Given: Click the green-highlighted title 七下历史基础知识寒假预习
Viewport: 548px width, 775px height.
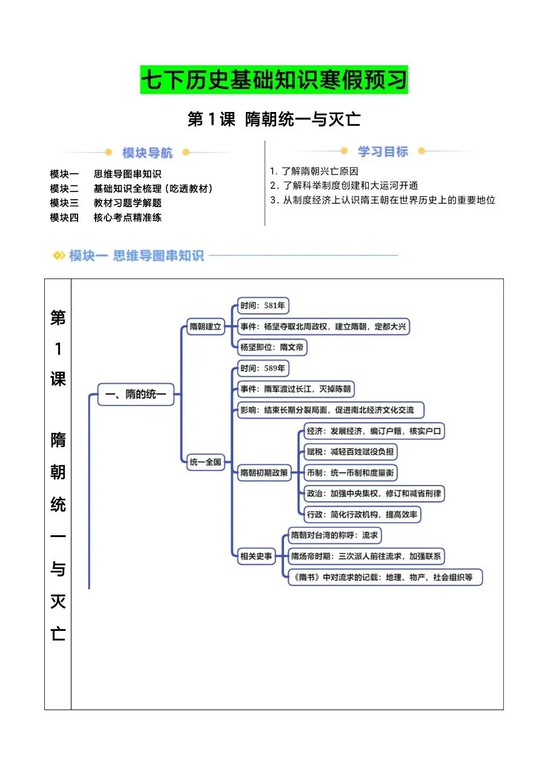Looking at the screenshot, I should click(274, 80).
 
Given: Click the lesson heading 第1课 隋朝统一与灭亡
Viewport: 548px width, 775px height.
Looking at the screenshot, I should click(274, 119).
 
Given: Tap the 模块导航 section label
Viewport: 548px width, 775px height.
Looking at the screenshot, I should click(147, 152).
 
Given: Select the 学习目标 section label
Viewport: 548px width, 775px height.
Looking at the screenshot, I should click(383, 151).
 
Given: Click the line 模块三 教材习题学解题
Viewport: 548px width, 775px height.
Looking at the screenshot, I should click(106, 203).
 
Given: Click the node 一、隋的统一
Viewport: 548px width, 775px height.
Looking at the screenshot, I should click(136, 395).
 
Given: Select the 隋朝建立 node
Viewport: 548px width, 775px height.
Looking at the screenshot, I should click(205, 327).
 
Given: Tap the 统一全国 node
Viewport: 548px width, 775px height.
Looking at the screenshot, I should click(206, 462).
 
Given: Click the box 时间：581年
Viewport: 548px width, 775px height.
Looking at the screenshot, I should click(263, 306).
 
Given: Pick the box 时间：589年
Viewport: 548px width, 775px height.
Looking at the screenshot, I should click(263, 368).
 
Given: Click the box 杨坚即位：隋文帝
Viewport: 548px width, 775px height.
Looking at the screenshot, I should click(272, 348).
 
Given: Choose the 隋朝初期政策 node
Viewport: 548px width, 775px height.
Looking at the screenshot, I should click(263, 473).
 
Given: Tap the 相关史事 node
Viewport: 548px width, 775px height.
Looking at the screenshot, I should click(256, 556).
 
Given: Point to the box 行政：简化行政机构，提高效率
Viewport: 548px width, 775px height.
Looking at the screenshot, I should click(362, 514).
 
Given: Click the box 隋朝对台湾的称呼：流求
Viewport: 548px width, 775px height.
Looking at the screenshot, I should click(335, 535).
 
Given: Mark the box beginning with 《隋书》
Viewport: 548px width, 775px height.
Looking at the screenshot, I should click(386, 577).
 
